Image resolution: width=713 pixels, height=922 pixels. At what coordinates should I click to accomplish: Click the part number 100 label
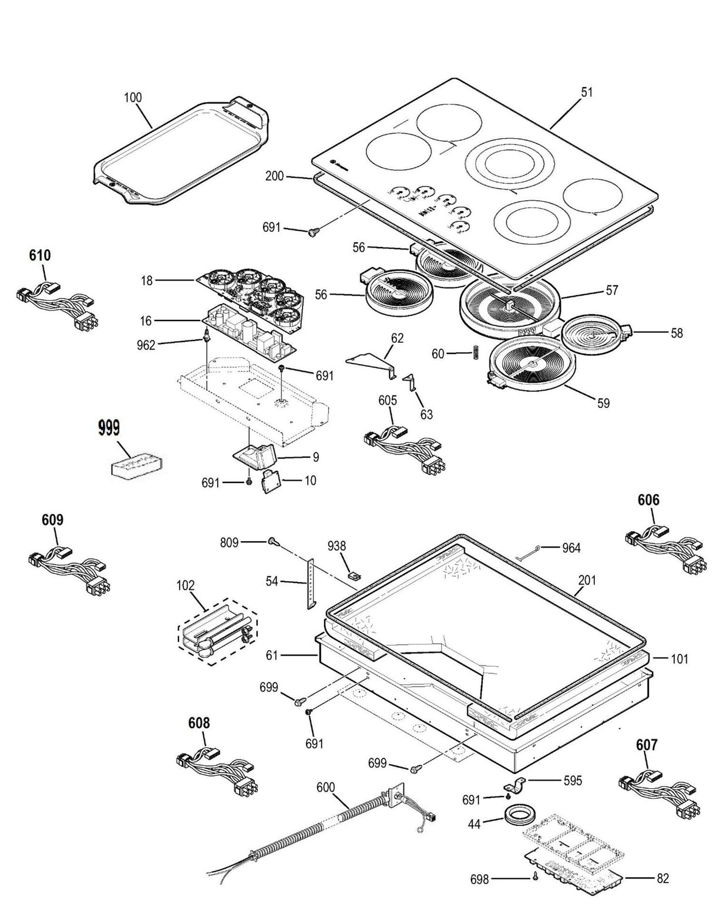tap(133, 97)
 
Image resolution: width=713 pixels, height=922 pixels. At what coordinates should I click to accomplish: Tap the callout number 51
tap(587, 92)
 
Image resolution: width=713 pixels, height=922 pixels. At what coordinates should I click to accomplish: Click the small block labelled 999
tap(136, 463)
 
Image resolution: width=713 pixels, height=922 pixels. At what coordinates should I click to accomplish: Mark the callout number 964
tap(570, 548)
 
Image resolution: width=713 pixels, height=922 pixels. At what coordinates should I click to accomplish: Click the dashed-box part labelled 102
tap(217, 631)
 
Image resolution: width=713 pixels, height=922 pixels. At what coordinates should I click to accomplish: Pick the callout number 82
tap(662, 879)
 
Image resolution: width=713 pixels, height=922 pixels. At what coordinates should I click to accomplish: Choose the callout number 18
tap(146, 281)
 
